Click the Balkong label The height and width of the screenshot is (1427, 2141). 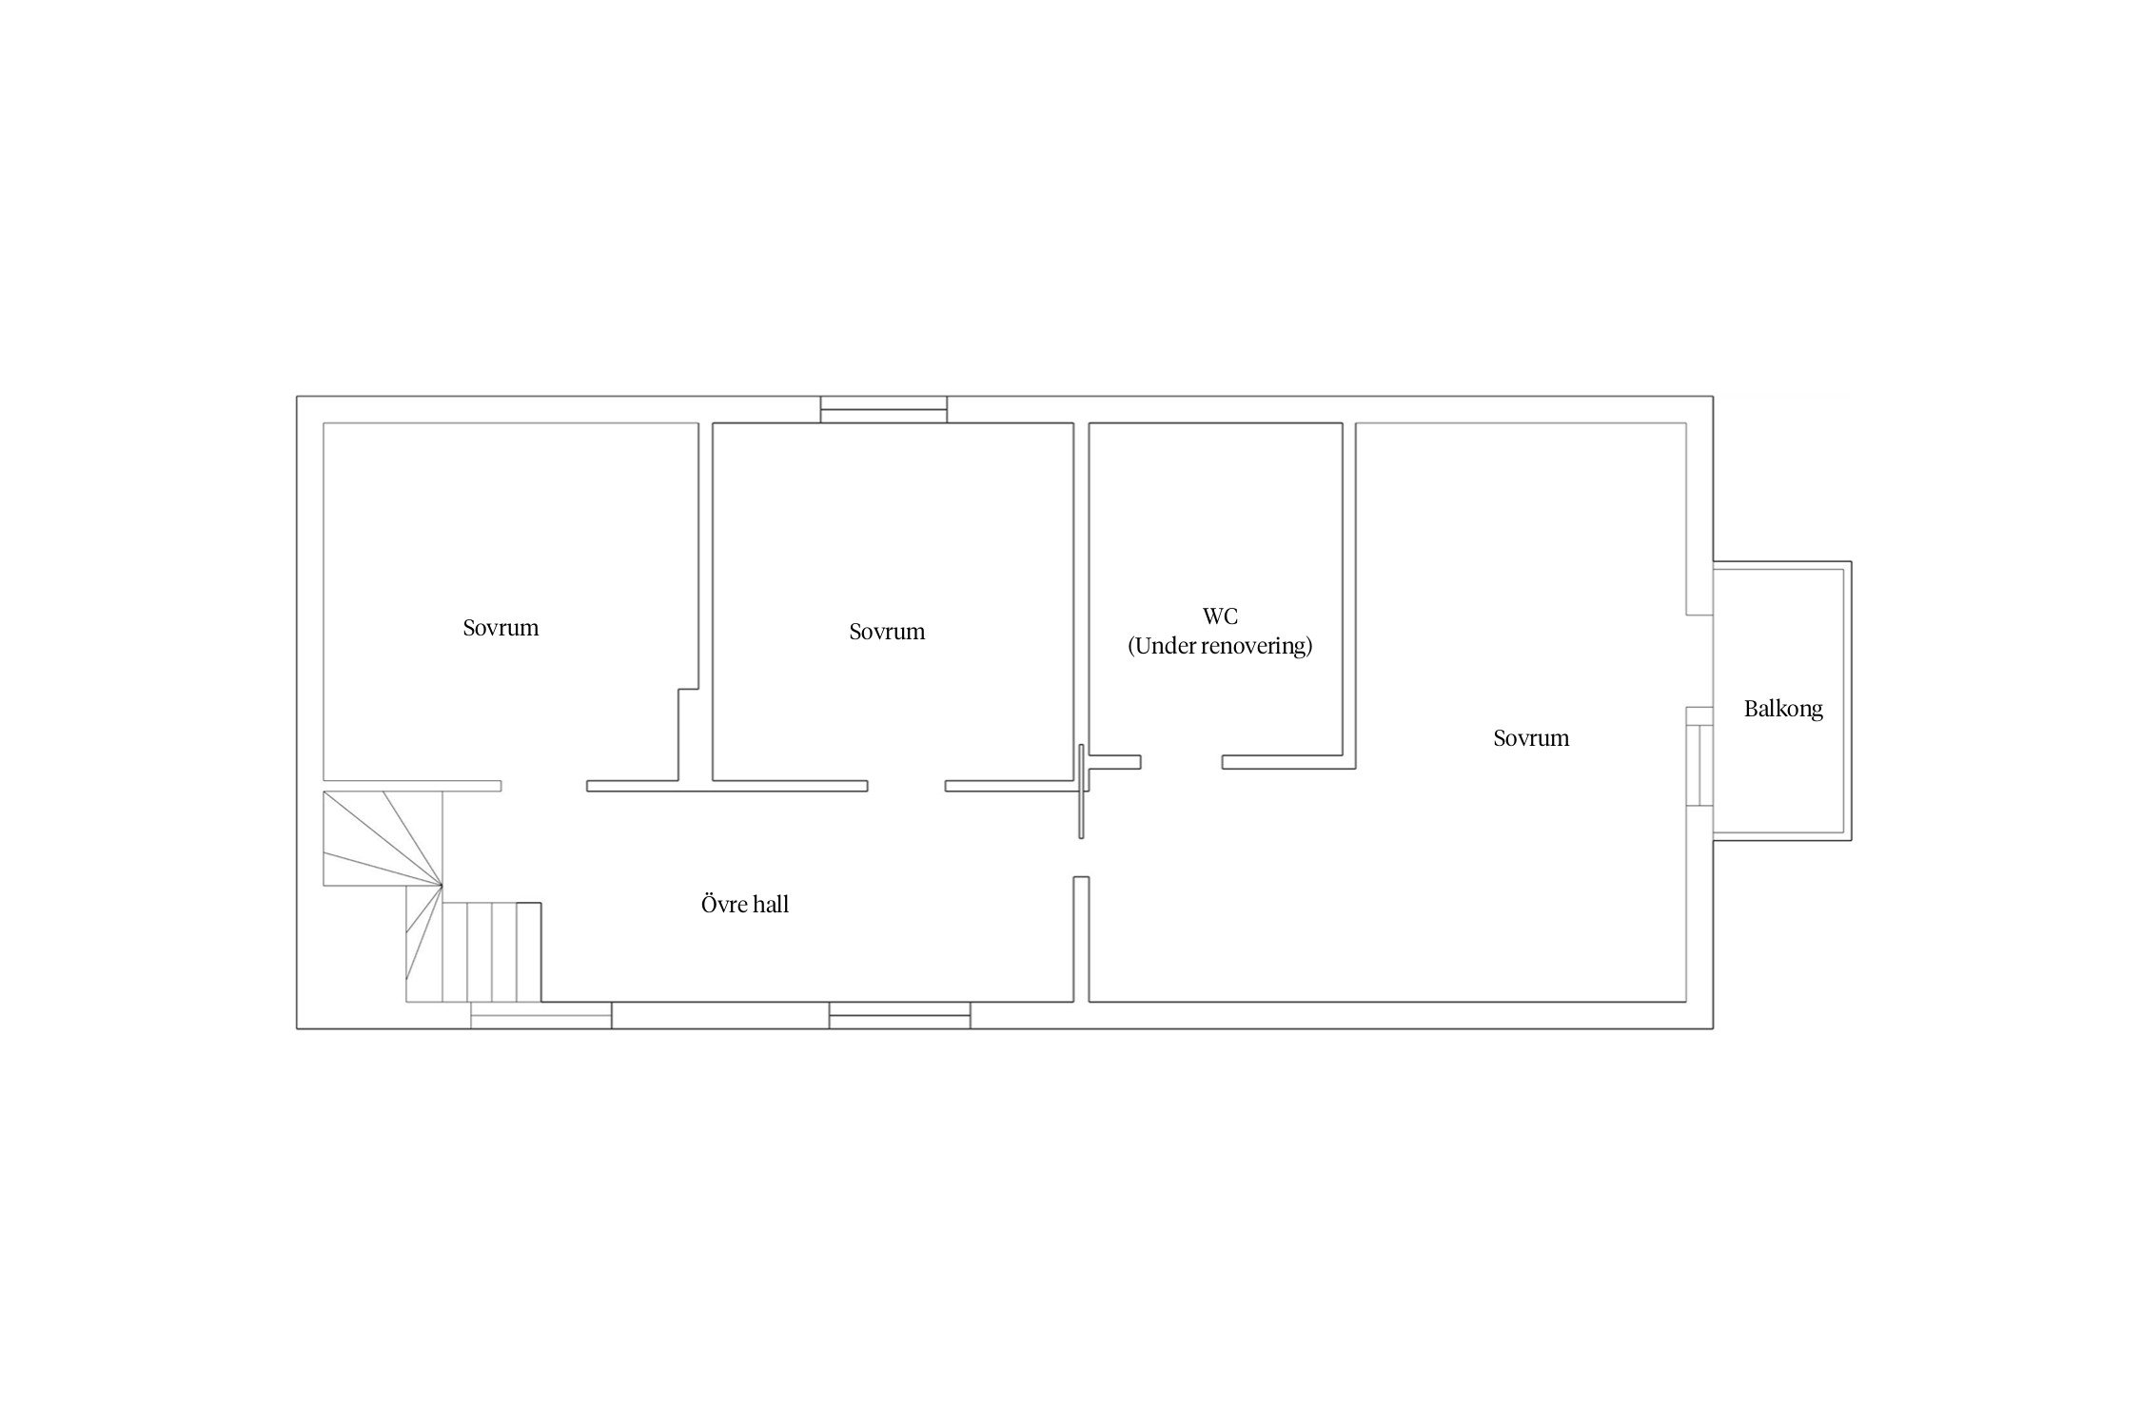[1783, 709]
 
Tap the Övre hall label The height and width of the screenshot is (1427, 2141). [745, 904]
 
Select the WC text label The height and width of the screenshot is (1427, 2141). [1220, 616]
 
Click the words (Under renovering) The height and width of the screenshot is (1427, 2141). [1220, 646]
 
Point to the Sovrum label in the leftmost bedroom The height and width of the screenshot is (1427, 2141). [501, 628]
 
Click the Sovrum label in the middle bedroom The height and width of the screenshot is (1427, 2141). [887, 632]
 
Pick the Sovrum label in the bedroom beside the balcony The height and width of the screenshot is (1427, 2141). [1531, 738]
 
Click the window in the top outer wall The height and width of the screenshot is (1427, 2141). [884, 409]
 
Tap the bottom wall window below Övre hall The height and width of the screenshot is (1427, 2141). [900, 1015]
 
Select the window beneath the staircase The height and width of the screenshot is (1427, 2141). [541, 1015]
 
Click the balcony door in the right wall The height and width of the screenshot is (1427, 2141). [1699, 766]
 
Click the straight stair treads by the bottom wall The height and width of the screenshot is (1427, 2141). [493, 952]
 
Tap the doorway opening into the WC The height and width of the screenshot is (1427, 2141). [1181, 762]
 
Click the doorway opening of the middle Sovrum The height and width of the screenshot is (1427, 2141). [907, 786]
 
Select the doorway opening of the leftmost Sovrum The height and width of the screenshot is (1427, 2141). [544, 786]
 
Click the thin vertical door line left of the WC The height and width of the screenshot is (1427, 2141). [1081, 792]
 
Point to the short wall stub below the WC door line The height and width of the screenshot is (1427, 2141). [1081, 939]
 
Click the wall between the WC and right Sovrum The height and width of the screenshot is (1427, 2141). [1349, 596]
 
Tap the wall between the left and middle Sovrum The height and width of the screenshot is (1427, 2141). [706, 601]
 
